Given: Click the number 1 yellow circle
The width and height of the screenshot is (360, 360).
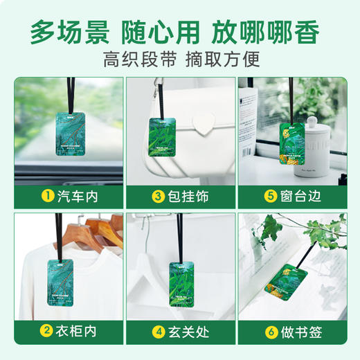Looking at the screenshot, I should [47, 197].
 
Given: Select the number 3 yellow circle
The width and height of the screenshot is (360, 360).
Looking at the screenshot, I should [158, 197].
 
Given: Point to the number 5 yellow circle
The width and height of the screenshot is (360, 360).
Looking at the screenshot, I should [269, 197].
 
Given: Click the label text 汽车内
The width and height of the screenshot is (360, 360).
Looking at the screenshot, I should [77, 197].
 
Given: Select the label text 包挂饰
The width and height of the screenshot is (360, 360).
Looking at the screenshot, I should [188, 197].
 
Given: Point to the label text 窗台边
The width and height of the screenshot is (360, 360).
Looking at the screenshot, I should [299, 197].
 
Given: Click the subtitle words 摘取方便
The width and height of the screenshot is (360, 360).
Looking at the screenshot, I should [223, 60].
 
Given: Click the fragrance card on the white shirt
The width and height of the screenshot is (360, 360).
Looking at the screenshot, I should [67, 280].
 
